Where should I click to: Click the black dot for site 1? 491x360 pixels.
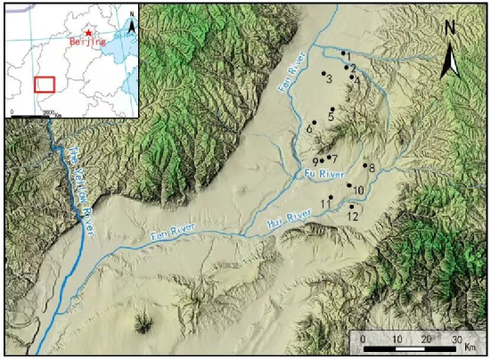343,53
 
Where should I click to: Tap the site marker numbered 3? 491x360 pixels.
323,73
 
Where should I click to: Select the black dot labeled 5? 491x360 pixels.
331,109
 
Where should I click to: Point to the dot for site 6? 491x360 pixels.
315,122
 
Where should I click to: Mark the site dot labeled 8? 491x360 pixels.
365,165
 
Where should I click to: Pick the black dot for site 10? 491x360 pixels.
348,185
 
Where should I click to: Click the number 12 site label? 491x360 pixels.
353,217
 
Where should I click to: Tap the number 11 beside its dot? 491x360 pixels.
325,204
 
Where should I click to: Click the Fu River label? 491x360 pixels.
318,173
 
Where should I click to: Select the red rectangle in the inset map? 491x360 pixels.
45,84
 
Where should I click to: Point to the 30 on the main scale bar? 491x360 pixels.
458,340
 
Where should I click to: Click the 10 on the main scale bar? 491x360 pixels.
396,340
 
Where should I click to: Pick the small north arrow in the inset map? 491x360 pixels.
131,24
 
